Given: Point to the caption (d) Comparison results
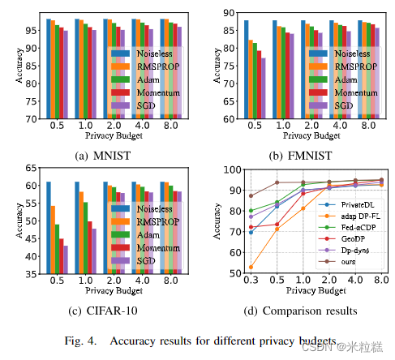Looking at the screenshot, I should (x=300, y=311).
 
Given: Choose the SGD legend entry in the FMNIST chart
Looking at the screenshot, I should (x=346, y=105).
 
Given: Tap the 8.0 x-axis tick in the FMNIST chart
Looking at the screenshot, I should (x=370, y=127).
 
